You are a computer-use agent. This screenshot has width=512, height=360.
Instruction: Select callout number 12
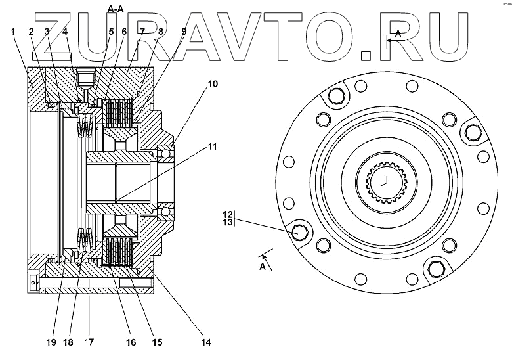point(228,214)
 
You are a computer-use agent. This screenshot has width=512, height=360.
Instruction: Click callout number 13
point(228,223)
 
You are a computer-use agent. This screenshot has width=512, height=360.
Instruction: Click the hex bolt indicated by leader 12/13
point(299,233)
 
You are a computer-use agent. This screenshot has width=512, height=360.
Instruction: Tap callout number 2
point(30,32)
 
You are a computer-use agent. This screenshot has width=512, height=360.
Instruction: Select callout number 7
point(142,32)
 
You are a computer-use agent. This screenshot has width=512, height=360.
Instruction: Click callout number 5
point(111,32)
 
